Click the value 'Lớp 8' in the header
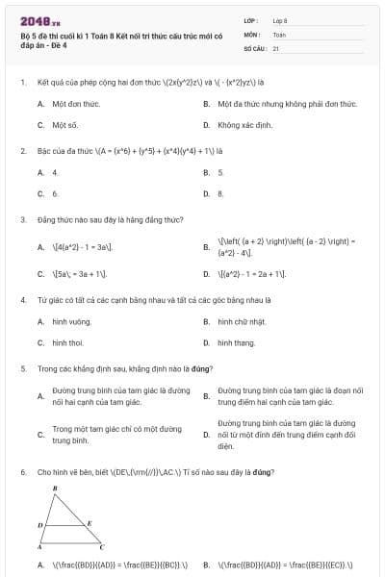280,19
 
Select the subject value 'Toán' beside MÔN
279,34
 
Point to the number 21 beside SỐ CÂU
276,47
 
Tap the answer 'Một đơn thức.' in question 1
76,103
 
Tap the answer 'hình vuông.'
72,321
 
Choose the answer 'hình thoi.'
68,342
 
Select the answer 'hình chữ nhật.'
242,321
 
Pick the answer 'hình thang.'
236,342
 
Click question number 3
22,219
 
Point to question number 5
22,368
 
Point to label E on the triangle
90,523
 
